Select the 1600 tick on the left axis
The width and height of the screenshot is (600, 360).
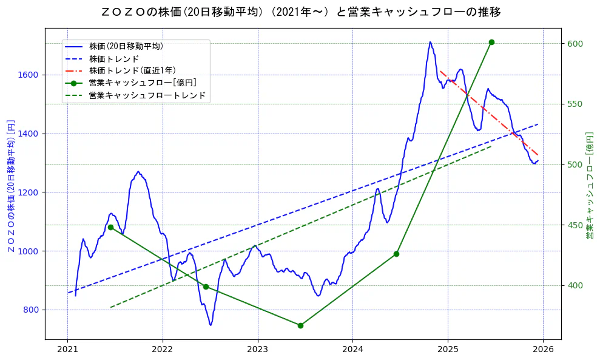pyautogui.click(x=28, y=75)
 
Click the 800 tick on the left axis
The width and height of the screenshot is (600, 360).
pyautogui.click(x=30, y=310)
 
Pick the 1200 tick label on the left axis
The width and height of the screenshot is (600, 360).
pyautogui.click(x=28, y=192)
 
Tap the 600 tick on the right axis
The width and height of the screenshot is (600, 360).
pyautogui.click(x=575, y=44)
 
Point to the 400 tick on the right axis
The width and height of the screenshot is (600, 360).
pyautogui.click(x=575, y=286)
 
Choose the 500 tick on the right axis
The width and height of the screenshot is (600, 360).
pyautogui.click(x=575, y=165)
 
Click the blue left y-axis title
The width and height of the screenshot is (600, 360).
pyautogui.click(x=10, y=186)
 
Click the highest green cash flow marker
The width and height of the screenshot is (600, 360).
pyautogui.click(x=491, y=42)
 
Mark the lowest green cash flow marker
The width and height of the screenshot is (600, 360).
pyautogui.click(x=300, y=325)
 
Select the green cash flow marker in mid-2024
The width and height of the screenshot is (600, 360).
pyautogui.click(x=396, y=254)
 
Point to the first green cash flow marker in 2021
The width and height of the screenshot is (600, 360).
pyautogui.click(x=110, y=227)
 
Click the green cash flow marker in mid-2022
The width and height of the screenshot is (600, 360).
pyautogui.click(x=206, y=287)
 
